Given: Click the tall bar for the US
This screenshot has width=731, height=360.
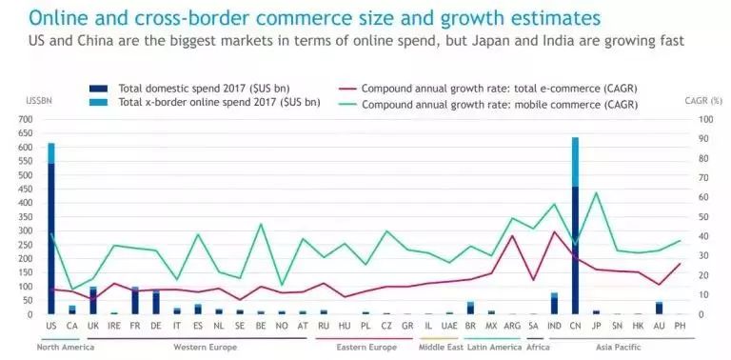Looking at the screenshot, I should click(x=51, y=233).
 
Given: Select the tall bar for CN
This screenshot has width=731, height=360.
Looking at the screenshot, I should click(x=575, y=229).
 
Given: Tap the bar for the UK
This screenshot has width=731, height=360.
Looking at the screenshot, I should click(x=93, y=301).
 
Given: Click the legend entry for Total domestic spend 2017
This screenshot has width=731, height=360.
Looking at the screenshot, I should click(x=180, y=88).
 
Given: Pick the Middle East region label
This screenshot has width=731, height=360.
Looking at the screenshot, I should click(x=441, y=347).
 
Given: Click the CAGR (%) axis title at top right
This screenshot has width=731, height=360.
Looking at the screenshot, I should click(x=702, y=99).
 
